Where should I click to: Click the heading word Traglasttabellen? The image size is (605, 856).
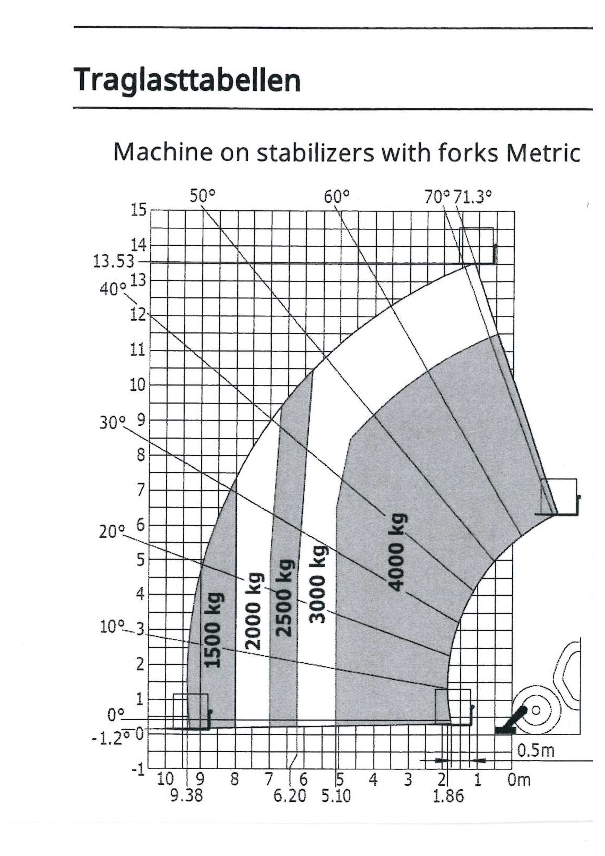[187, 80]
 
